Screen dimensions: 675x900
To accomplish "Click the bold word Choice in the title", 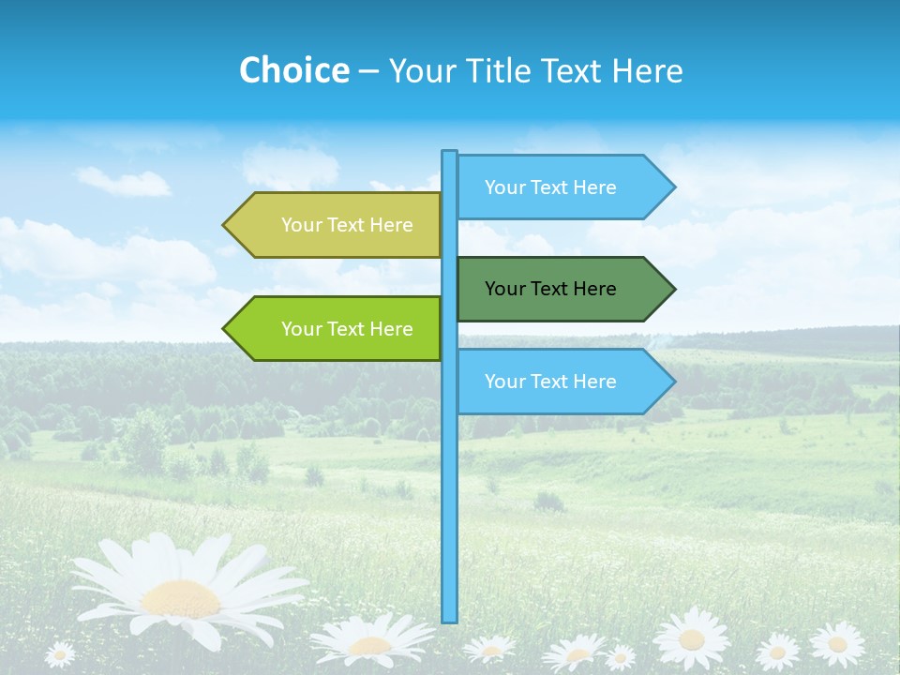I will coord(293,70).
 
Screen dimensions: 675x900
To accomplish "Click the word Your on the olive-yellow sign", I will coord(301,225).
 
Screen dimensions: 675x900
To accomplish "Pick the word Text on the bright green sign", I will coord(347,329).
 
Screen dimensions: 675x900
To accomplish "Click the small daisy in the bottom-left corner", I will coord(60,653).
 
